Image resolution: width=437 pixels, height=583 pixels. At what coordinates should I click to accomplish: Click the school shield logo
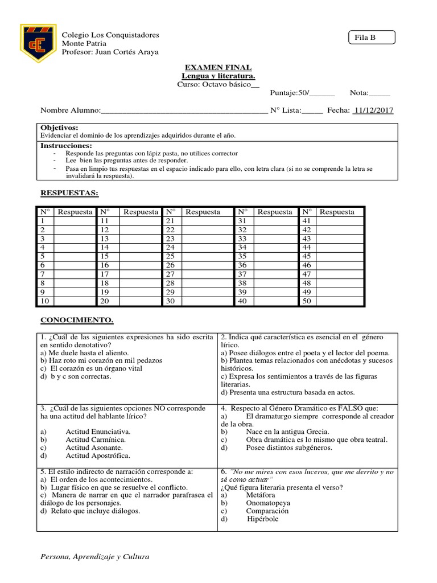point(38,43)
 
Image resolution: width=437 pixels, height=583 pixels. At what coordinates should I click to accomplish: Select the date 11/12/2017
point(374,110)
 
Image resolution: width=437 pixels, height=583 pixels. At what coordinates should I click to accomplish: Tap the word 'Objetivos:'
point(60,128)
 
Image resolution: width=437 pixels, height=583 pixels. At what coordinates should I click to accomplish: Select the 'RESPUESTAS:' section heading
point(69,193)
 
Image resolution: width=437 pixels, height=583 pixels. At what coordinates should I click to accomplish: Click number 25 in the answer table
point(170,256)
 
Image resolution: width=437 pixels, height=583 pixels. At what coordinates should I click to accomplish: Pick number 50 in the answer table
point(307,301)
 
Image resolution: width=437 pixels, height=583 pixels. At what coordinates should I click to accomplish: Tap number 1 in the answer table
point(42,221)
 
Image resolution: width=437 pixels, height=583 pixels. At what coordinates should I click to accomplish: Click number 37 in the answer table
point(242,274)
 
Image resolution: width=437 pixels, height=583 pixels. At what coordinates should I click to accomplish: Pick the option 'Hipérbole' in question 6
point(263,519)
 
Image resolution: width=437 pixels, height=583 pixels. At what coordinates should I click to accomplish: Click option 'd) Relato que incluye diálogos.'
point(90,511)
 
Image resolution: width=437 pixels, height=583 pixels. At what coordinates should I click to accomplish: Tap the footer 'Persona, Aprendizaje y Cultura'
point(94,556)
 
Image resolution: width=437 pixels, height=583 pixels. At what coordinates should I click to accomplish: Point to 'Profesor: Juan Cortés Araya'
point(110,52)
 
